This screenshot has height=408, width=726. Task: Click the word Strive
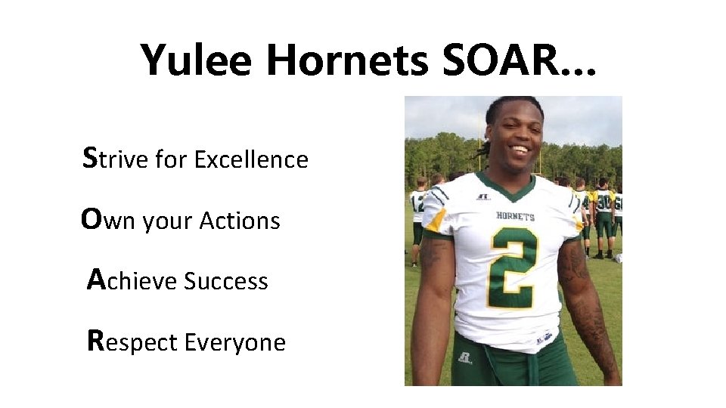point(116,159)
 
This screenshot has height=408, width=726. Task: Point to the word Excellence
point(251,159)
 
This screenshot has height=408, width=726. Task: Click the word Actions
point(239,221)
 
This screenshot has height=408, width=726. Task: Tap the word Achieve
point(132,281)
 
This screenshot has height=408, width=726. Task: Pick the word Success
point(226,281)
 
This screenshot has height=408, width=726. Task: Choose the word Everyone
point(235,343)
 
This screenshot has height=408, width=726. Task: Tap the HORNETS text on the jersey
point(515,216)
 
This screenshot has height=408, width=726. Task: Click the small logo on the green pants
point(464,357)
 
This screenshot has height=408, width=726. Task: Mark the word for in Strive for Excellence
point(172,159)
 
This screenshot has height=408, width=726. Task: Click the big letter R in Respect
point(95,341)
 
